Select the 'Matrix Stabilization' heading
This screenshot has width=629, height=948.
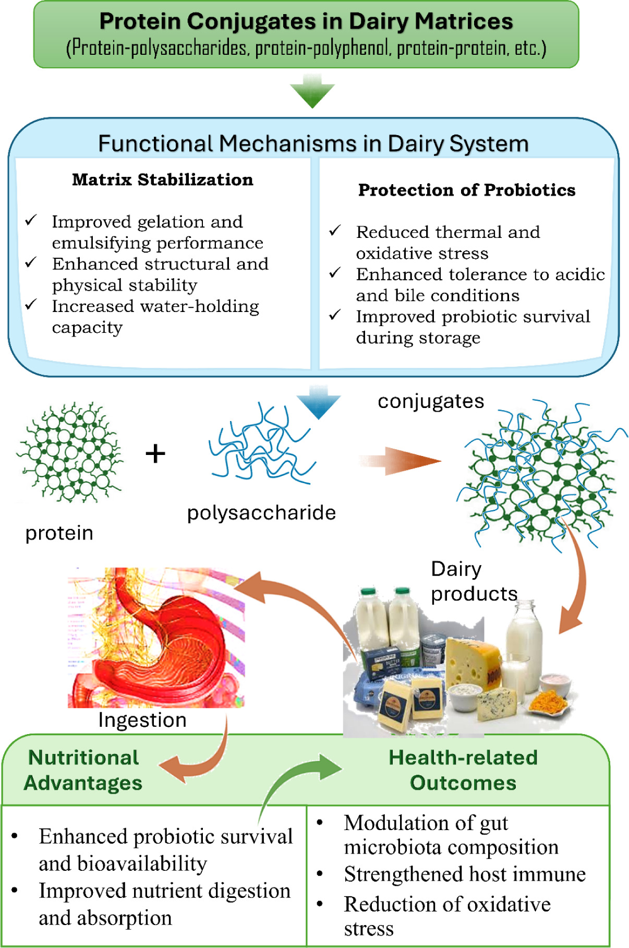click(163, 180)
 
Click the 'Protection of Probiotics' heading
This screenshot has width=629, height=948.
click(467, 190)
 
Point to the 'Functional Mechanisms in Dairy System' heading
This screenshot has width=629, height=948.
click(313, 143)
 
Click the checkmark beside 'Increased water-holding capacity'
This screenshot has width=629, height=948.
click(31, 304)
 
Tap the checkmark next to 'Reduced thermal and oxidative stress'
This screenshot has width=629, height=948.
click(335, 230)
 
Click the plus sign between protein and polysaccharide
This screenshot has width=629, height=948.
click(155, 453)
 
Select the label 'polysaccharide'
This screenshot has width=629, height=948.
click(261, 513)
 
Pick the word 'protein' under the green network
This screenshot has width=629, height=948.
click(59, 533)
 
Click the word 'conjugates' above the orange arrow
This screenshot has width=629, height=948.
click(431, 401)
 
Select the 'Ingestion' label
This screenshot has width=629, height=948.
click(142, 720)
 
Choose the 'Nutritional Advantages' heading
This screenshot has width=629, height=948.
click(83, 771)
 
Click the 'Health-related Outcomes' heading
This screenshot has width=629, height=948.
click(463, 771)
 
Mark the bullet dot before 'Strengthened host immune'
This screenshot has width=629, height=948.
click(320, 873)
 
